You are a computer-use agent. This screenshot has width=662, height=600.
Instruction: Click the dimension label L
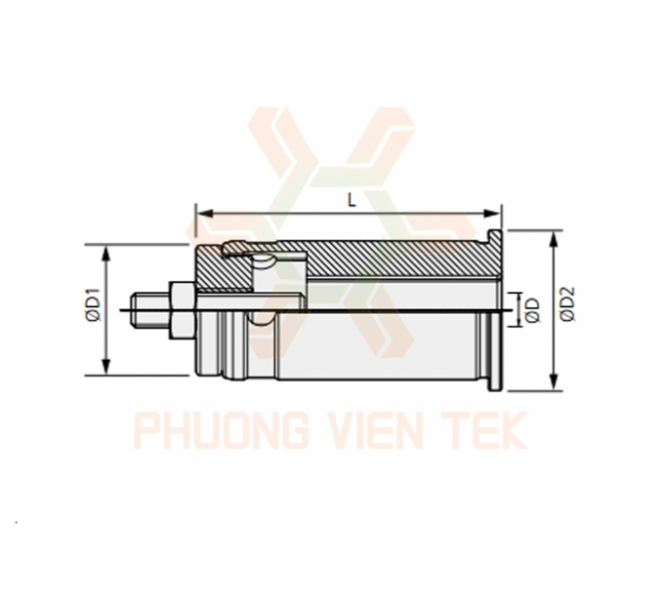coord(352,201)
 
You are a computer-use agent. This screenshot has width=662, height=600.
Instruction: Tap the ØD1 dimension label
coord(94,304)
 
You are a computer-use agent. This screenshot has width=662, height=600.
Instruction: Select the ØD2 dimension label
coord(568,303)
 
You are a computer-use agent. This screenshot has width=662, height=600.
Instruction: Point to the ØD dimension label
coord(534,310)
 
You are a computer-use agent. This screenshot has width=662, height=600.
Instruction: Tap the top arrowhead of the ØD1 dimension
coord(106,253)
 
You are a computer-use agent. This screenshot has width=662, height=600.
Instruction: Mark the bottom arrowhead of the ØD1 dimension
coord(106,366)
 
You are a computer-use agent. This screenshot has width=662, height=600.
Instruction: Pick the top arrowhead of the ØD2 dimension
coord(554,240)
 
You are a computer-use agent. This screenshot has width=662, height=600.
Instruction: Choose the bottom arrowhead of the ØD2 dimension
coord(554,381)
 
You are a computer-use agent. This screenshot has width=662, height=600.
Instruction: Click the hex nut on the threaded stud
coord(182,310)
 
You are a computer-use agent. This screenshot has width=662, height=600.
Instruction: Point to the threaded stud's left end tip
coord(132,310)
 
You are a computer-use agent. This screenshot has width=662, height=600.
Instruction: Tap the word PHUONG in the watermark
coord(221,431)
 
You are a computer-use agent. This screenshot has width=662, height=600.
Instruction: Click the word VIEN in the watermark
coord(376,431)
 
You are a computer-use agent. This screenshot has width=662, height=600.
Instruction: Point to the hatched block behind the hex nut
coord(224,270)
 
